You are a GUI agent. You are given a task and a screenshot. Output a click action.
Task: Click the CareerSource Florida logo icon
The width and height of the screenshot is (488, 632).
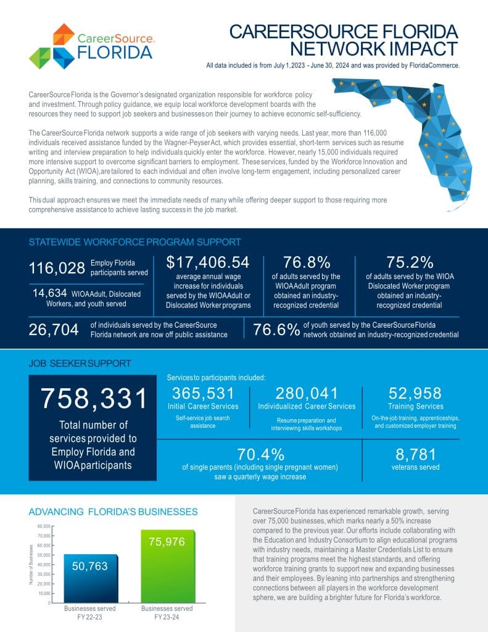(51, 46)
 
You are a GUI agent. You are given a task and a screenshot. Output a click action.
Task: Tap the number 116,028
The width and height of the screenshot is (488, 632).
(57, 268)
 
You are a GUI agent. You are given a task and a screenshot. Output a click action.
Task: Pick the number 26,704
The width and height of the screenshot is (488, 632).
(54, 330)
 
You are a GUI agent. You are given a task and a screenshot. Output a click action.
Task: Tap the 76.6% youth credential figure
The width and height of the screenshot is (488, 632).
(276, 330)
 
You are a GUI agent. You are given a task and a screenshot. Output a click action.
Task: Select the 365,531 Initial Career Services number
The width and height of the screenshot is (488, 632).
(203, 393)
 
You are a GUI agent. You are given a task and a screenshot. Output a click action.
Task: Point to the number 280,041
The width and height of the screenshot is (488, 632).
(306, 393)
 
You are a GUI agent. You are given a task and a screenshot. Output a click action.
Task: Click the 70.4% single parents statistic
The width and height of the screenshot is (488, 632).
(261, 455)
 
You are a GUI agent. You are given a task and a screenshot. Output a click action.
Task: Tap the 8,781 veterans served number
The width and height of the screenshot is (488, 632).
(415, 455)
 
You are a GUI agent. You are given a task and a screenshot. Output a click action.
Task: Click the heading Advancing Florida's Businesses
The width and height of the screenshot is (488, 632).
(114, 512)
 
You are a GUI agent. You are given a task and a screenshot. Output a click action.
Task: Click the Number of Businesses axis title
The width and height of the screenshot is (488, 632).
(31, 564)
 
